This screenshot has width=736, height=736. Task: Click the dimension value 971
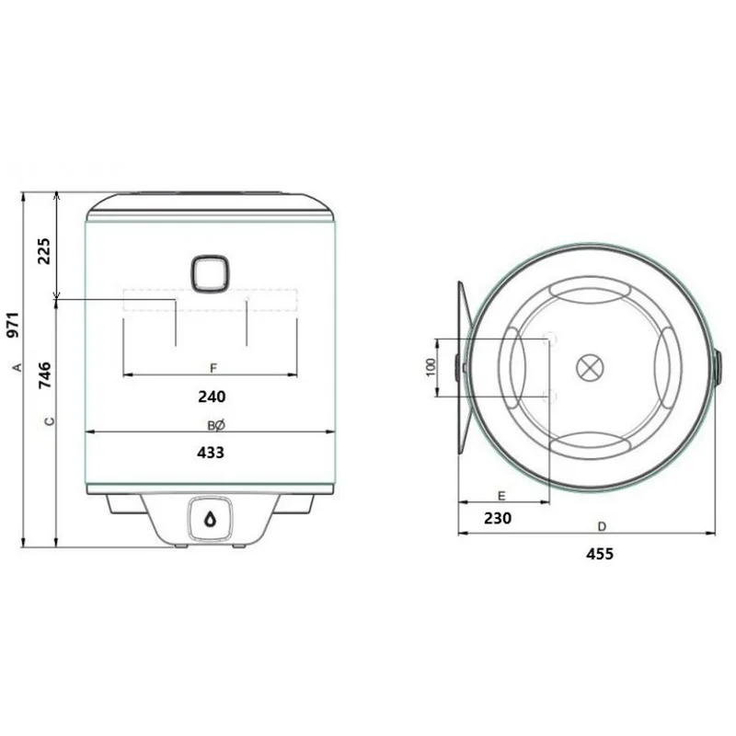(x=14, y=325)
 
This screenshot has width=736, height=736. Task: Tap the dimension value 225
(x=43, y=251)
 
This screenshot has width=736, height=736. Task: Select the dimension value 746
(x=44, y=375)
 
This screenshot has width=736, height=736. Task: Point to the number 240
(x=212, y=397)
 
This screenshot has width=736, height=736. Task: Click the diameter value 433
(x=211, y=453)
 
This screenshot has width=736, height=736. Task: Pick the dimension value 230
(x=498, y=518)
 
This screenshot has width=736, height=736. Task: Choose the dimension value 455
(x=600, y=555)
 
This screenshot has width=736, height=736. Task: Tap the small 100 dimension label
(x=431, y=367)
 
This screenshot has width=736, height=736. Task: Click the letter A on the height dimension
(x=17, y=367)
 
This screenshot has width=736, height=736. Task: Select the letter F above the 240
(x=213, y=368)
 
